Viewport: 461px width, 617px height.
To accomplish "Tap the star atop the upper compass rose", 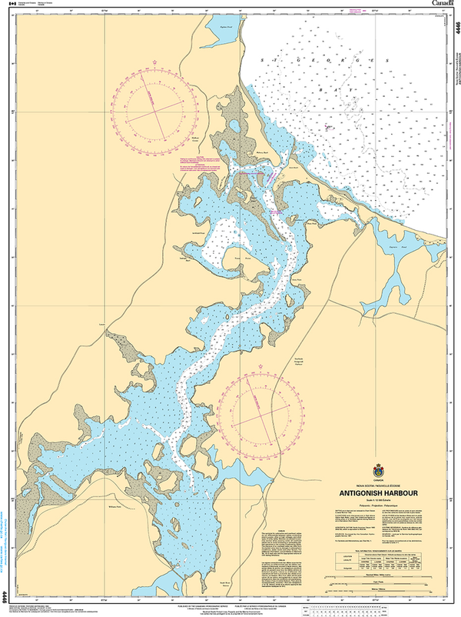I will coord(154,62).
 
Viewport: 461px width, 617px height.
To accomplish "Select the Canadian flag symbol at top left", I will coord(11,5).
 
